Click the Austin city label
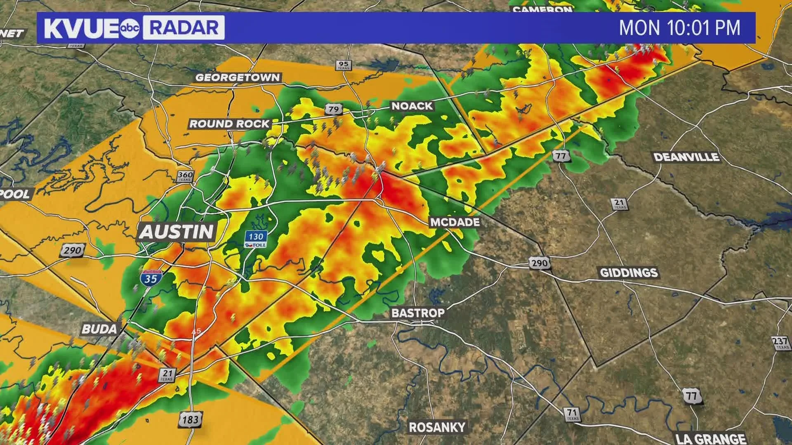177,232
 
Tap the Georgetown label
237,77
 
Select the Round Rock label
229,124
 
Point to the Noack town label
412,106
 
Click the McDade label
455,222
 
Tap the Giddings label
628,272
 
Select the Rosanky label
437,427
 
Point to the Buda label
99,328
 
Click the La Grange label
711,438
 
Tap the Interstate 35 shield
151,278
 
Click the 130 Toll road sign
256,239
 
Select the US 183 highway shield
190,419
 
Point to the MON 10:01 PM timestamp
679,28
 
